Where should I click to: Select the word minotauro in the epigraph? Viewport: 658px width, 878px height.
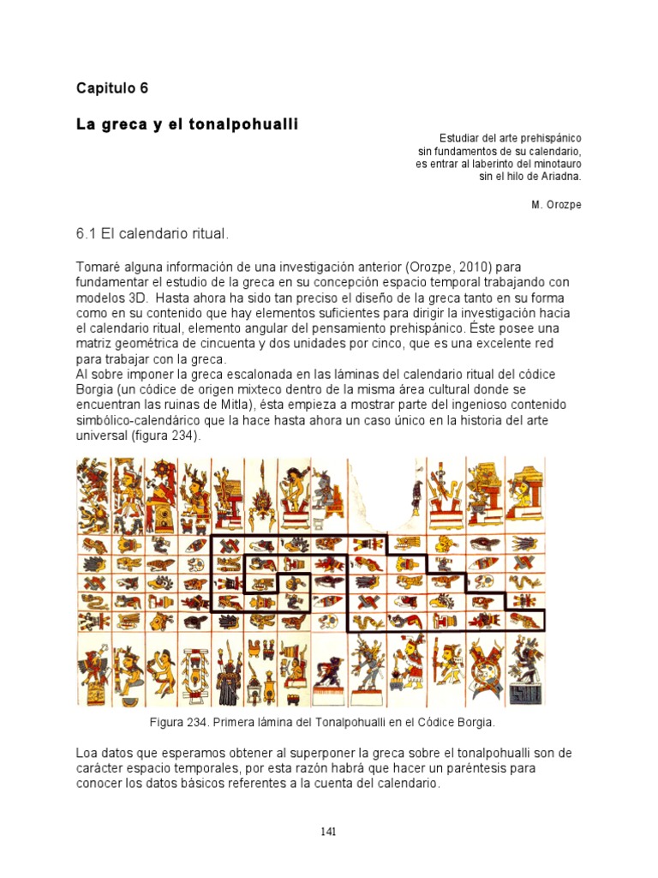(x=553, y=164)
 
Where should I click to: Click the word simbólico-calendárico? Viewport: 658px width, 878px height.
(x=149, y=420)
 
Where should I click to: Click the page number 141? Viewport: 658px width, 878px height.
(x=329, y=831)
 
